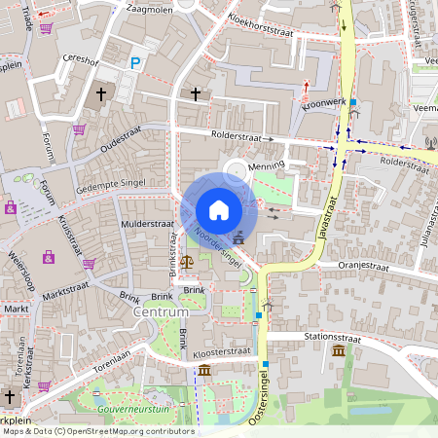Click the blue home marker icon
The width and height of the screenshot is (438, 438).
(x=219, y=210)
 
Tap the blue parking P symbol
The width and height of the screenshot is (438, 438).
(x=135, y=63)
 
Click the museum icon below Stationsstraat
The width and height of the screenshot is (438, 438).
(x=338, y=350)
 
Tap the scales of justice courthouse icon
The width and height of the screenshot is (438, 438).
(x=187, y=260)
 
